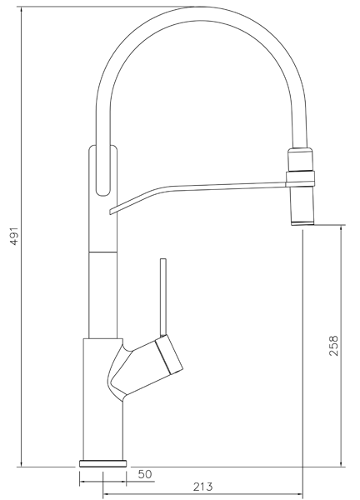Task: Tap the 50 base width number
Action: point(144,474)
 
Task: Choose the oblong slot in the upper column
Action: point(103,171)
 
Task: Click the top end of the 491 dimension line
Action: point(18,7)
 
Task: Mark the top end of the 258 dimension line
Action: point(342,225)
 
